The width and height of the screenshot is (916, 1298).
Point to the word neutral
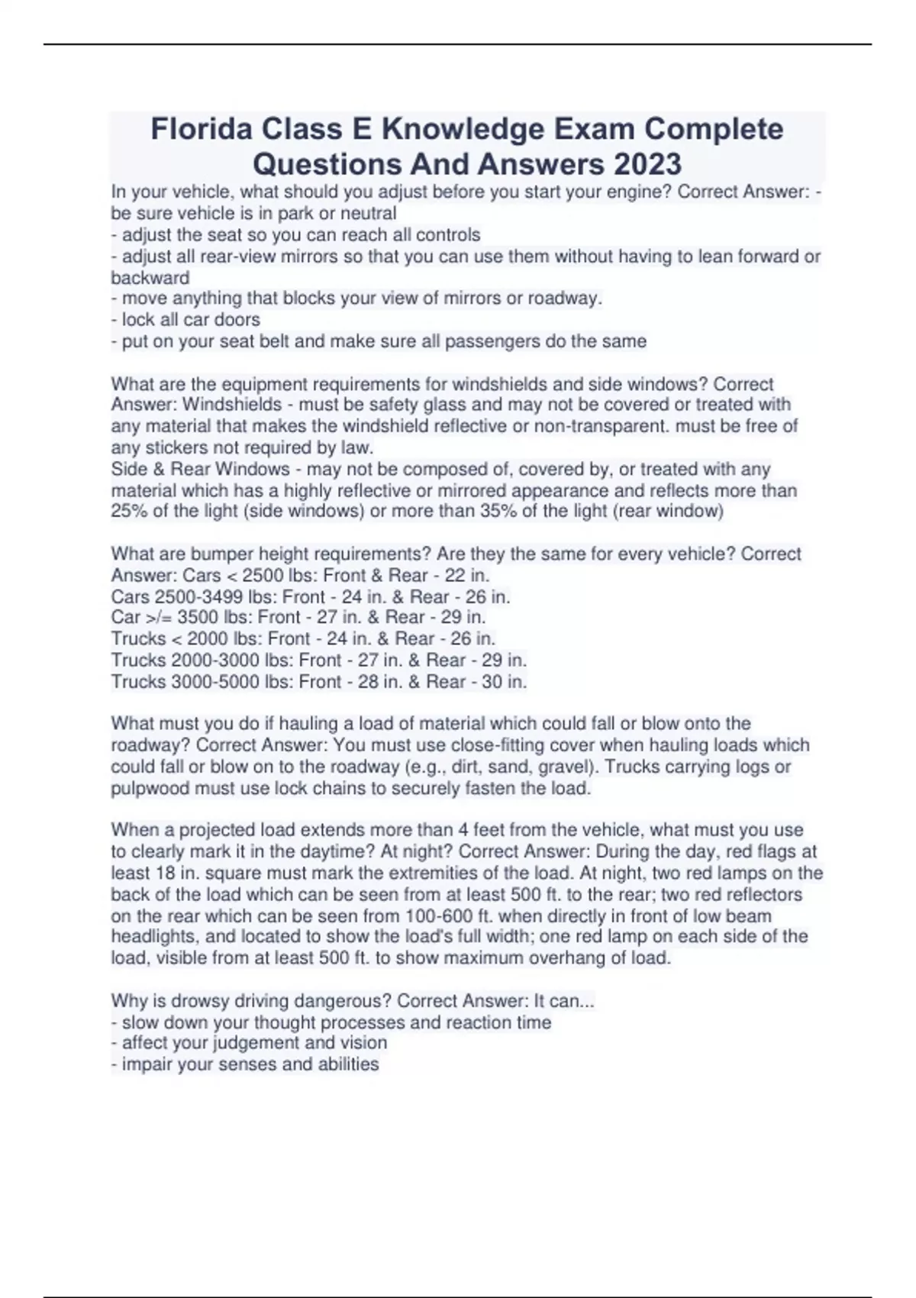point(368,213)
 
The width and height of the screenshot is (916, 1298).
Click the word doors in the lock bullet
point(237,319)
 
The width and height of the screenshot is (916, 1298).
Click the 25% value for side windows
point(129,511)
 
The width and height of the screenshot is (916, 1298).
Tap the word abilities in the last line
point(347,1064)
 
